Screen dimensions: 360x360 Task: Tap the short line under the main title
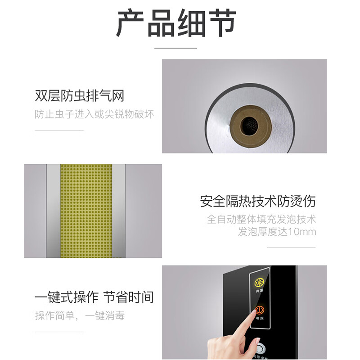[176, 48]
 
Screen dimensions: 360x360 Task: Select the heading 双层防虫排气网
[79, 96]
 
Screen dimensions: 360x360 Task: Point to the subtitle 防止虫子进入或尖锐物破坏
[94, 114]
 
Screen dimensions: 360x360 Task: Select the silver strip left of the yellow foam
[53, 211]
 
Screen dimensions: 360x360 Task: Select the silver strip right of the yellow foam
[119, 211]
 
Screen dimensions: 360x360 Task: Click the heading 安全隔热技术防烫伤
[258, 201]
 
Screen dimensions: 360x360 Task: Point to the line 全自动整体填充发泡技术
[261, 220]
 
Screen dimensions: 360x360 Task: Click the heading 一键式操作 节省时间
[94, 297]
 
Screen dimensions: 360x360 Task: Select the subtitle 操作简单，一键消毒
[80, 316]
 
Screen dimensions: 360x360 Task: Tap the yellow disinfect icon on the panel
[259, 282]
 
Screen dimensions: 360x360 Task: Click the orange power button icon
[259, 310]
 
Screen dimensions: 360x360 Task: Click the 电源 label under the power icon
[259, 319]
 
